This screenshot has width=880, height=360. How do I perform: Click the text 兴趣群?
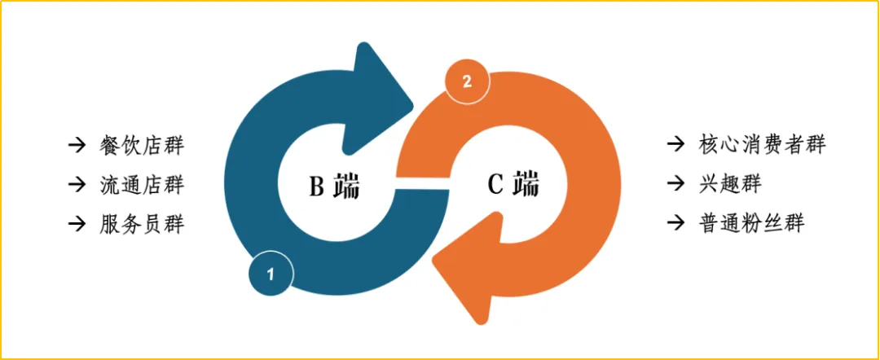coord(729,183)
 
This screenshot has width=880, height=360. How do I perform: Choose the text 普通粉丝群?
coord(751,222)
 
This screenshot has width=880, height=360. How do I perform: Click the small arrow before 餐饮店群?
coord(77,146)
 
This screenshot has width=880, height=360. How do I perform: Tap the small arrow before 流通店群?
coord(77,184)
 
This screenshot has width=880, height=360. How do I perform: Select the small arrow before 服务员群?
coord(77,223)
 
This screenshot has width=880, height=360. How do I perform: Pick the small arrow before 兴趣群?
coord(675,183)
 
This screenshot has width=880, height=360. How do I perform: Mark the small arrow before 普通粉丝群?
coord(675,222)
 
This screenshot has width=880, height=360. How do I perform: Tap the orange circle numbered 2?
coord(466,81)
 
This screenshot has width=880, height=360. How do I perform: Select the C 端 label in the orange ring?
coord(513,185)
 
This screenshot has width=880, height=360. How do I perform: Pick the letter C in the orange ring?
coord(495,185)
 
